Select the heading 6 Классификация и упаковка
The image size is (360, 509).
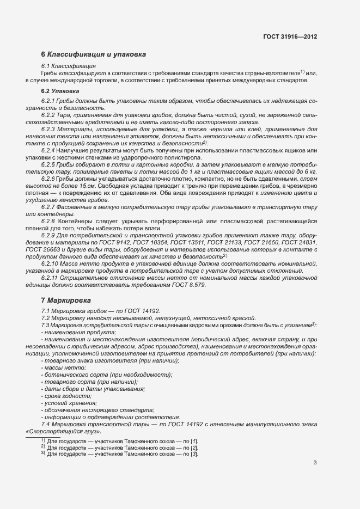point(94,54)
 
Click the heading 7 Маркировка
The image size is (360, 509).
point(68,300)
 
